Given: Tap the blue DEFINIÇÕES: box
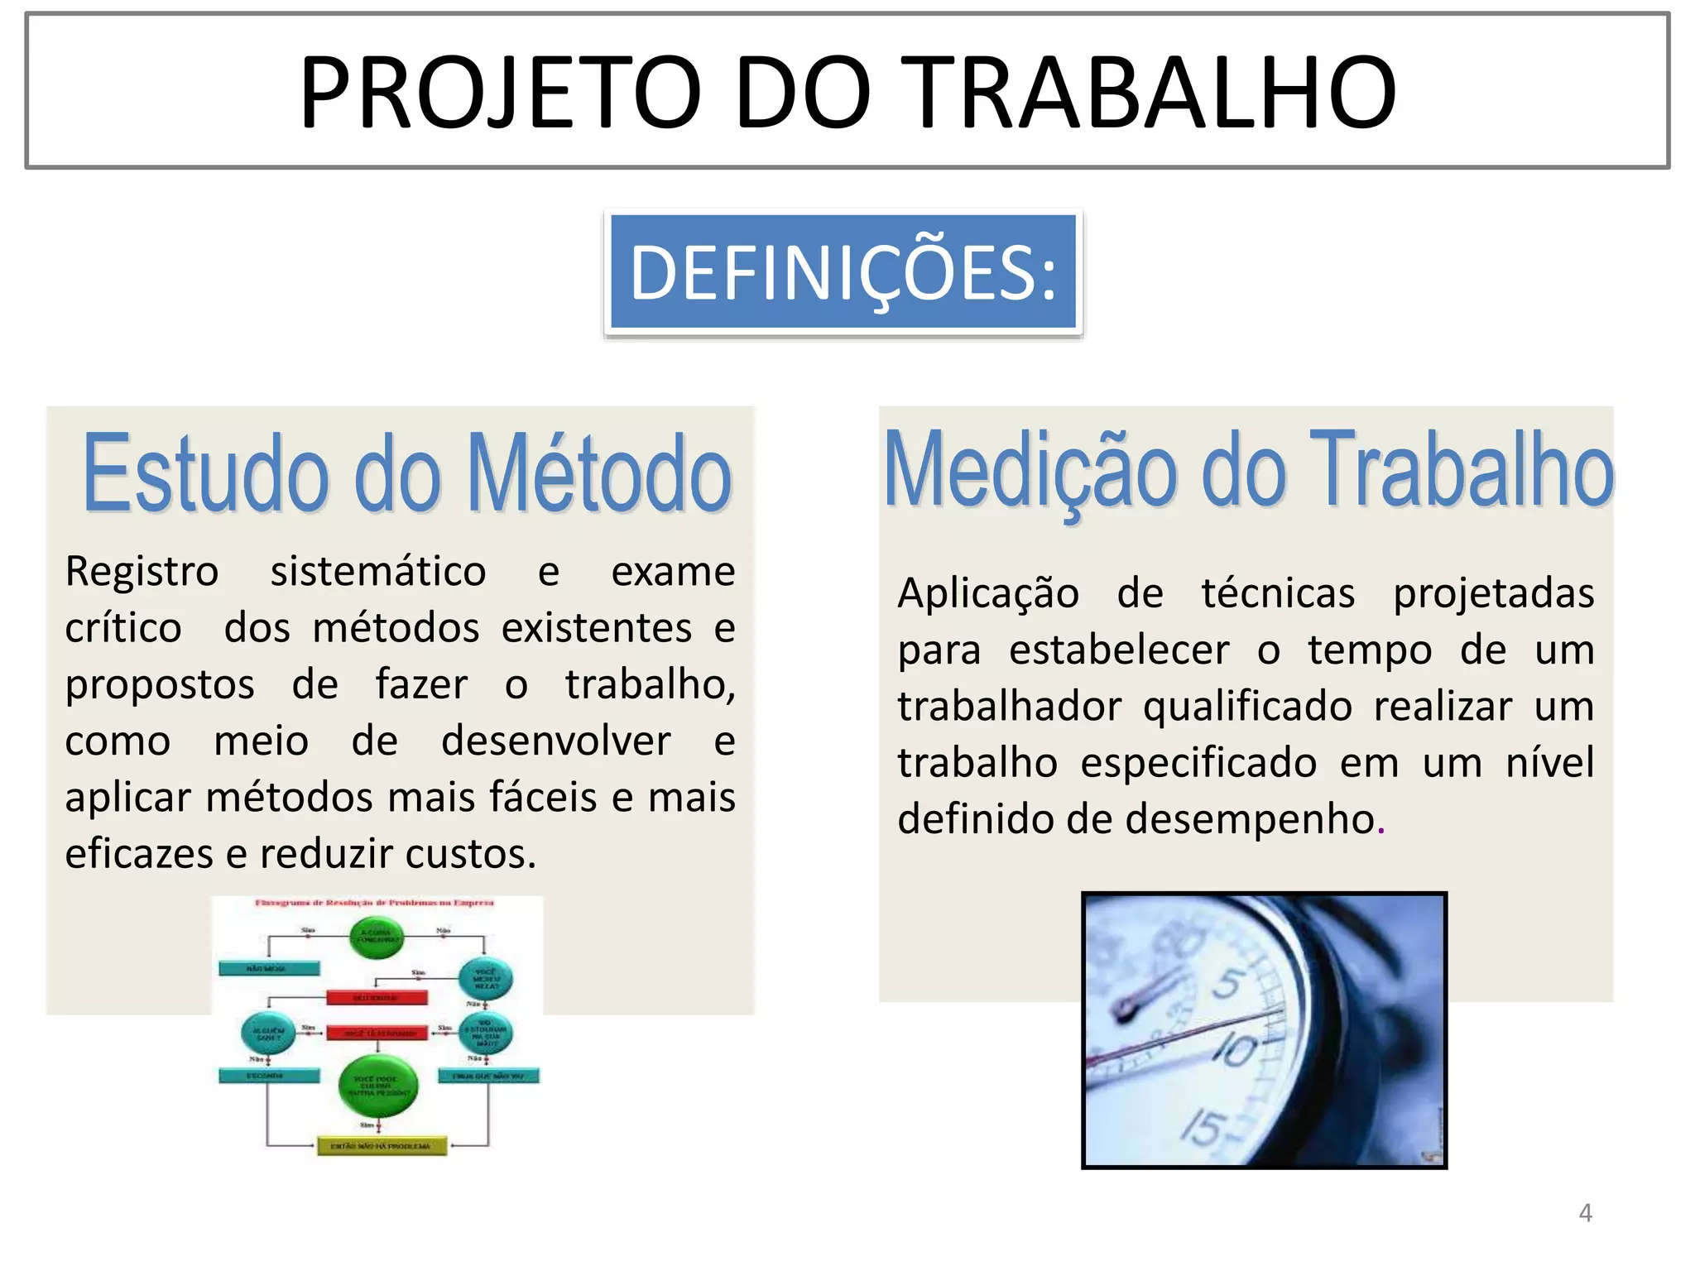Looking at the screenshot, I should pyautogui.click(x=843, y=272).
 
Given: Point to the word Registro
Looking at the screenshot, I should pyautogui.click(x=142, y=572).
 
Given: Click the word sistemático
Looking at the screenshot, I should pyautogui.click(x=378, y=572).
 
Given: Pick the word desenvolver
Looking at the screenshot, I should pyautogui.click(x=555, y=741).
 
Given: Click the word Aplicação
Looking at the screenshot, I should pyautogui.click(x=988, y=594).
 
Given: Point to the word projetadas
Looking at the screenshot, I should pyautogui.click(x=1493, y=594).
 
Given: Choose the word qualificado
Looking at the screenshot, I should pyautogui.click(x=1247, y=707).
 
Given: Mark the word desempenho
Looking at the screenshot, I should pyautogui.click(x=1250, y=820).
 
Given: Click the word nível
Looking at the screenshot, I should pyautogui.click(x=1549, y=763).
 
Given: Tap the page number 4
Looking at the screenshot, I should pyautogui.click(x=1585, y=1213).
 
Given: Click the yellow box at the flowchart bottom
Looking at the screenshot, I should pyautogui.click(x=382, y=1146).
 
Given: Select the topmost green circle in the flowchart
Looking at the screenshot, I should pyautogui.click(x=377, y=938).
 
